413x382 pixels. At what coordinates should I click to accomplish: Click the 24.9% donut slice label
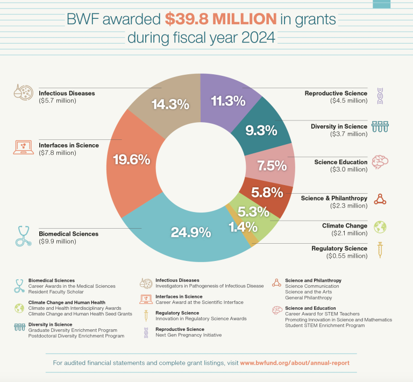click(x=190, y=233)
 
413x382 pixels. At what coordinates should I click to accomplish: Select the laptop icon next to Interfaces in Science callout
click(x=23, y=147)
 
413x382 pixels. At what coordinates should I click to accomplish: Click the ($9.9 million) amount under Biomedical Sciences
click(x=58, y=242)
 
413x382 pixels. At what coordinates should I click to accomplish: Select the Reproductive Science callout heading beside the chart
click(x=336, y=93)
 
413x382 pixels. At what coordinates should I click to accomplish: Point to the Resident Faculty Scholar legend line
click(x=56, y=292)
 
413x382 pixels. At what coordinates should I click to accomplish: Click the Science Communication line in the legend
click(x=309, y=286)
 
